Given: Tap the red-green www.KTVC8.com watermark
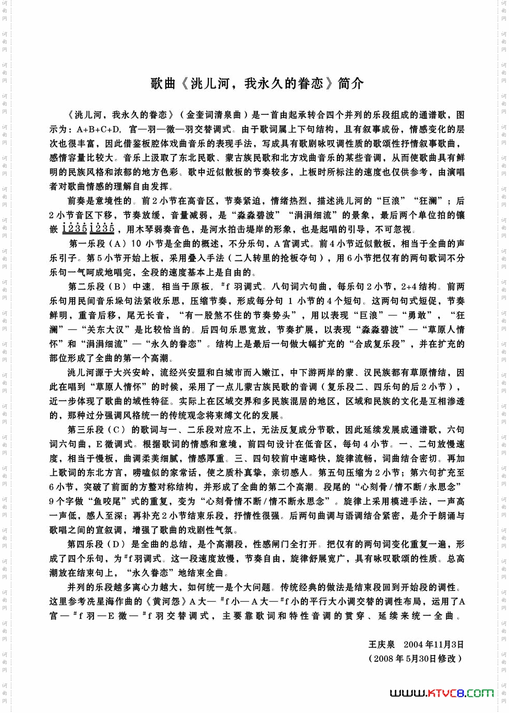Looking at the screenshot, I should (441, 692).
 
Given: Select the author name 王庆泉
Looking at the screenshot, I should (381, 644).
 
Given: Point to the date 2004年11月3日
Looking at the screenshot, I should (434, 644).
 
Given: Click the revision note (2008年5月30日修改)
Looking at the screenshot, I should (415, 658).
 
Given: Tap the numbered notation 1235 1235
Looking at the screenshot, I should (88, 229).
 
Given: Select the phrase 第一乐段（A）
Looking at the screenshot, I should (97, 244).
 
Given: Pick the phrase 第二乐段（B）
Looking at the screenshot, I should (97, 286).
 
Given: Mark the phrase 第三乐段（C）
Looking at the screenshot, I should (97, 430).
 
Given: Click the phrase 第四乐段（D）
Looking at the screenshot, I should (97, 544).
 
